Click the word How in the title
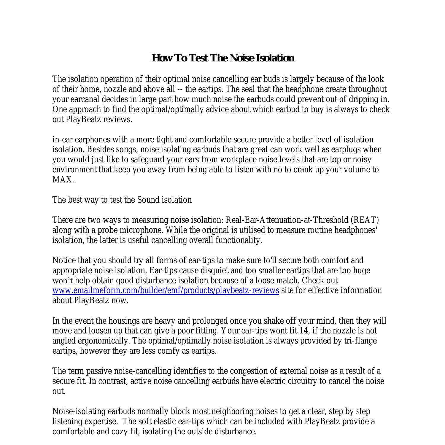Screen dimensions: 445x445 pos(163,58)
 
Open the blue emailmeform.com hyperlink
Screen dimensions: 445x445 pos(166,290)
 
